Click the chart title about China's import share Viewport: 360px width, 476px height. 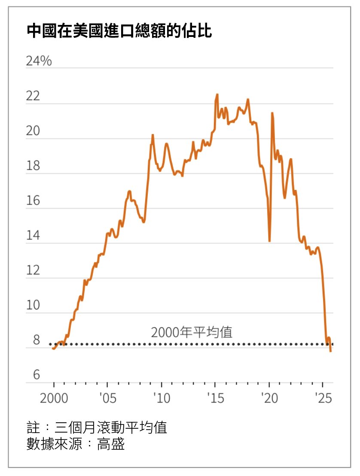pos(119,31)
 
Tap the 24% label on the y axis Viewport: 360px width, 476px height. pos(39,61)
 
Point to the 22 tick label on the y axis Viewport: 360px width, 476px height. pos(33,96)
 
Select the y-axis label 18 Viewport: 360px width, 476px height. pos(33,166)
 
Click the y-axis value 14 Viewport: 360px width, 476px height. pos(33,236)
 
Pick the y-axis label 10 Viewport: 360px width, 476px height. pos(33,305)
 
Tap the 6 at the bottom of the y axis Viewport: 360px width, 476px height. pos(36,375)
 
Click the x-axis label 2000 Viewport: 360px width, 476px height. pos(54,398)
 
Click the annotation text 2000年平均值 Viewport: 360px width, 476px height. pos(192,332)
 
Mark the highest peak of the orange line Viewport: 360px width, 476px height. pos(217,95)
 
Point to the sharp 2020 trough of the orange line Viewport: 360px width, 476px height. pos(269,241)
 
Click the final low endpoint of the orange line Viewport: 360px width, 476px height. pos(330,351)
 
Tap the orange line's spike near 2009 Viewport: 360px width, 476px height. pos(153,135)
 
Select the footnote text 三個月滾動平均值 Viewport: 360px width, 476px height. pos(111,428)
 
